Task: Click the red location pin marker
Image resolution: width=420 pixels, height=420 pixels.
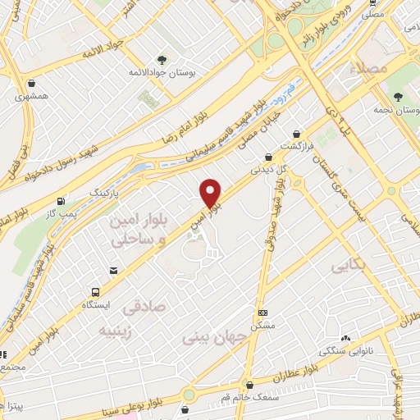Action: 211,193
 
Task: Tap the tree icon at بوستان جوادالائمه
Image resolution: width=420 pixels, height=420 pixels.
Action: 162,59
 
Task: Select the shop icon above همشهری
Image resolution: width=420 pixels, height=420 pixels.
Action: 31,83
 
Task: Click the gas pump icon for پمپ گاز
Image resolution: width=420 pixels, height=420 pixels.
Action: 61,201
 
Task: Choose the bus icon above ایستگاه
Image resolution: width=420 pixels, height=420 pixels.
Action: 96,291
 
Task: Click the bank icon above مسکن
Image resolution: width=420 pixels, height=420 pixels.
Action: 262,313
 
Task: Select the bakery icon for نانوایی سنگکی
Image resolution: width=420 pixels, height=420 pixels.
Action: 346,338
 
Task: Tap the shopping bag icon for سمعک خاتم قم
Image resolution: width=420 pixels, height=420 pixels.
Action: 249,383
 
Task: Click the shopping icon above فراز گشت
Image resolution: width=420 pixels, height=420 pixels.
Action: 296,134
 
